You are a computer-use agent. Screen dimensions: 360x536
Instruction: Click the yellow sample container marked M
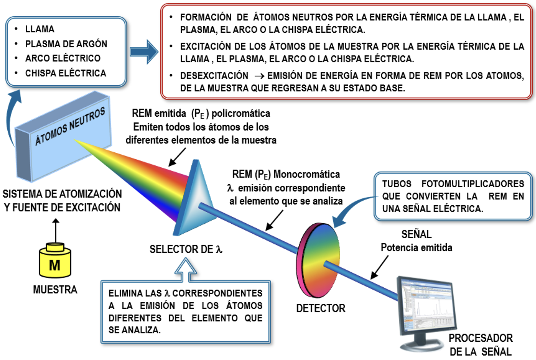[x=55, y=262]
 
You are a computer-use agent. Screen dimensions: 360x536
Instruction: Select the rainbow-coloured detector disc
[x=318, y=261]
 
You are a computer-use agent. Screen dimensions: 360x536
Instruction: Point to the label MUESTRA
[x=55, y=290]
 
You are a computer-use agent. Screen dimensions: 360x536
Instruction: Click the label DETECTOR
[x=321, y=308]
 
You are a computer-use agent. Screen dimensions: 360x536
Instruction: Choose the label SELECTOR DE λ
[x=186, y=249]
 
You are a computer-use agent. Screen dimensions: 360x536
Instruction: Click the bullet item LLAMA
[x=40, y=29]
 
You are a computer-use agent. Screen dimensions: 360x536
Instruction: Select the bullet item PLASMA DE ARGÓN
[x=66, y=44]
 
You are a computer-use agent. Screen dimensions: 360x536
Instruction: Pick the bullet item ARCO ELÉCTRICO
[x=63, y=58]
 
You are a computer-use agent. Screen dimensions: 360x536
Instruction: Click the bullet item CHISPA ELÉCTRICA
[x=66, y=73]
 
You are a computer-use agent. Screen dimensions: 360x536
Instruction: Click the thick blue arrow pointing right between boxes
[x=144, y=52]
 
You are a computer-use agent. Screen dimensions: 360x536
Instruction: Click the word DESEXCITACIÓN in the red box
[x=214, y=76]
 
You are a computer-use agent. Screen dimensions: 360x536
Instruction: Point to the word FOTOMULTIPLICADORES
[x=473, y=184]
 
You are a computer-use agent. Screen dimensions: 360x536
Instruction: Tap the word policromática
[x=241, y=114]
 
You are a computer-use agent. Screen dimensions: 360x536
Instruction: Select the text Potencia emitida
[x=416, y=248]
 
